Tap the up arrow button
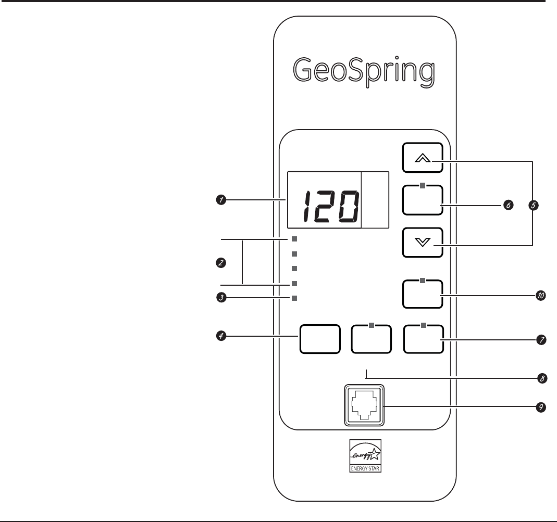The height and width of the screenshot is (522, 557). click(423, 158)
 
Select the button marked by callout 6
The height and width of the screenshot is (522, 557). click(423, 200)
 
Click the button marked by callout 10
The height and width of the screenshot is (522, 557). click(423, 294)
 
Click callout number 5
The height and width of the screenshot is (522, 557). click(533, 206)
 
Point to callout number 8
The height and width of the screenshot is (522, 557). click(542, 378)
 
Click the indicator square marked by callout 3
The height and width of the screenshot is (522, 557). click(294, 298)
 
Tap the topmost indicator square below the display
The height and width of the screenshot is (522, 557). click(294, 239)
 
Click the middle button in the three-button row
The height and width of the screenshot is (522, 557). click(371, 339)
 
